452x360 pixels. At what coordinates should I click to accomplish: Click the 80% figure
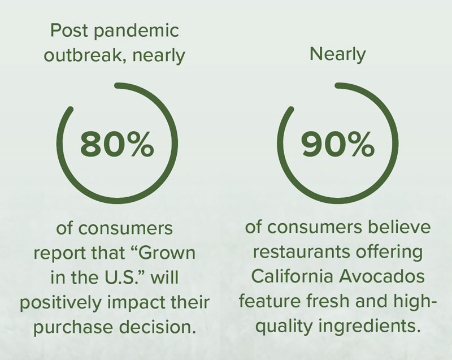coord(117,144)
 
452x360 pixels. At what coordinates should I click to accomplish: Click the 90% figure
coord(337,144)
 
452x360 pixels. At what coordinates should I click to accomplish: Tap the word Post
coord(69,31)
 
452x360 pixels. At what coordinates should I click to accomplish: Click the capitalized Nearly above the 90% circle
coord(337,55)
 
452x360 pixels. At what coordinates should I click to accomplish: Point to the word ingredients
coord(368,327)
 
